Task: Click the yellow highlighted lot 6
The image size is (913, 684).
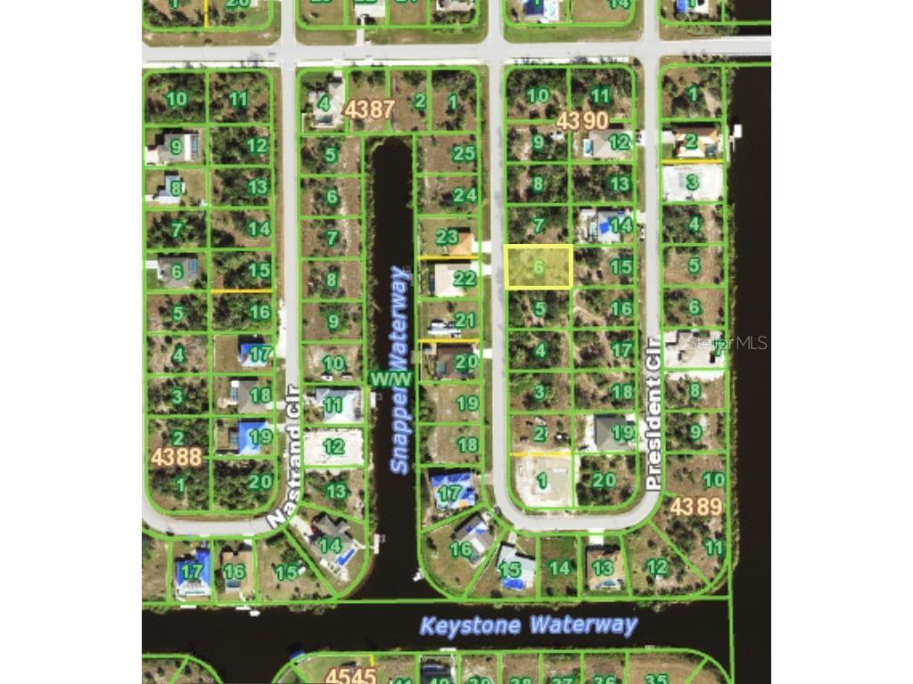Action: [539, 266]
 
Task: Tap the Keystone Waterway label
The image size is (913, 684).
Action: [529, 624]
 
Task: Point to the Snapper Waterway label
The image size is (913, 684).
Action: [399, 370]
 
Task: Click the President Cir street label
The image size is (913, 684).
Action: [654, 412]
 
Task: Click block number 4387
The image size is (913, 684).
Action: [369, 110]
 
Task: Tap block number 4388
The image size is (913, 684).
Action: [176, 457]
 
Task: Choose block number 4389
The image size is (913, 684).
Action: [695, 506]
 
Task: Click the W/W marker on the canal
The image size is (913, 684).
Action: [391, 379]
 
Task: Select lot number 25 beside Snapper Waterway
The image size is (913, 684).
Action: [464, 153]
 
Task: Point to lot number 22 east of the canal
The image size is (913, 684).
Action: [465, 278]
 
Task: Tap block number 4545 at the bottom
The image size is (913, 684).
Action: [350, 675]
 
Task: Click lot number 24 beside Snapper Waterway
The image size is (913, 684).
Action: [465, 194]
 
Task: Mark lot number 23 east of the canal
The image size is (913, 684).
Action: [447, 238]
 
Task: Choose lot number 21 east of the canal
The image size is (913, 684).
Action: [465, 320]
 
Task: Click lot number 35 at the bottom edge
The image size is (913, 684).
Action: [655, 678]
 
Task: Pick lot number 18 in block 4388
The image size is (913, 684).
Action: [260, 395]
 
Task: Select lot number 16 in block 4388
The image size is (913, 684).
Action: [259, 312]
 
